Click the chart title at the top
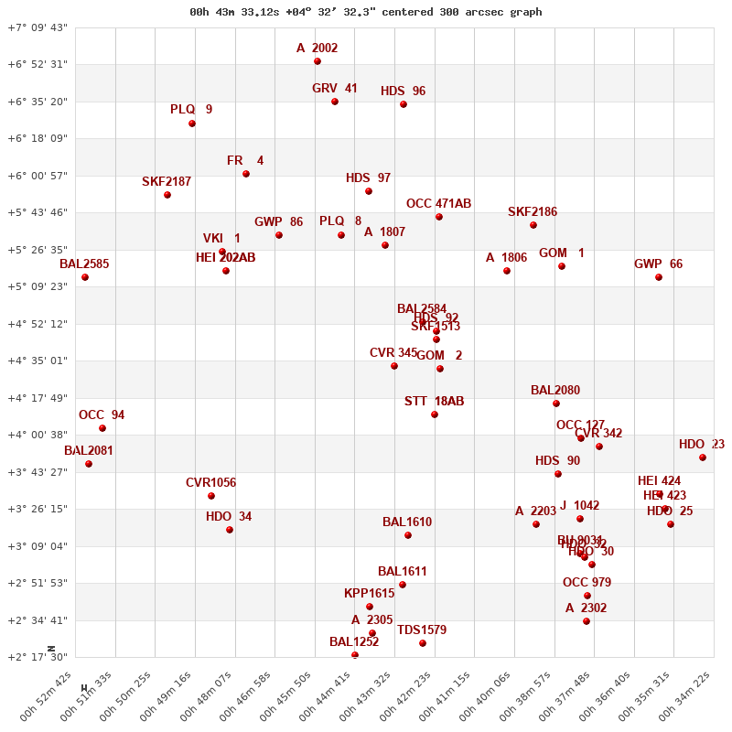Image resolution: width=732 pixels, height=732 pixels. [365, 12]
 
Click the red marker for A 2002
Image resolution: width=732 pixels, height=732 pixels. [318, 61]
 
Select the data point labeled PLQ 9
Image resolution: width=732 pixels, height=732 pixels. [192, 124]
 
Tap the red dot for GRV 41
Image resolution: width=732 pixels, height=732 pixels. [335, 102]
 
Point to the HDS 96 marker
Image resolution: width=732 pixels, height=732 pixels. [404, 104]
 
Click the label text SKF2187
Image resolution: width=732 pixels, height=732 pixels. [167, 181]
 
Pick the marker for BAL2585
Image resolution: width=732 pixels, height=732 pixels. [85, 277]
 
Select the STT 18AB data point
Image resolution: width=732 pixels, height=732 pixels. [435, 414]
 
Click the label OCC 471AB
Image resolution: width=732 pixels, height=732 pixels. [438, 203]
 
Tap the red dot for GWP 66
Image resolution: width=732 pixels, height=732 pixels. [659, 277]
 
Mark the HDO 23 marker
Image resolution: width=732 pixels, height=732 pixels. [703, 457]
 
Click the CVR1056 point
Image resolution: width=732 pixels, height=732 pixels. [211, 496]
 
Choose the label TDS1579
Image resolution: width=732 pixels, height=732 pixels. [422, 630]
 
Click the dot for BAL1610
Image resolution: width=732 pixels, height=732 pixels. [408, 535]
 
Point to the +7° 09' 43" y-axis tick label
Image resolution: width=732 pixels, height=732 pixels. [38, 27]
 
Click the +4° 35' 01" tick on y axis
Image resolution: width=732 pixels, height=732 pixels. [38, 361]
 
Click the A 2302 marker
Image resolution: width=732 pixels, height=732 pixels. [587, 621]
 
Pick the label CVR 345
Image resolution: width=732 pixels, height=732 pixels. [393, 352]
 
